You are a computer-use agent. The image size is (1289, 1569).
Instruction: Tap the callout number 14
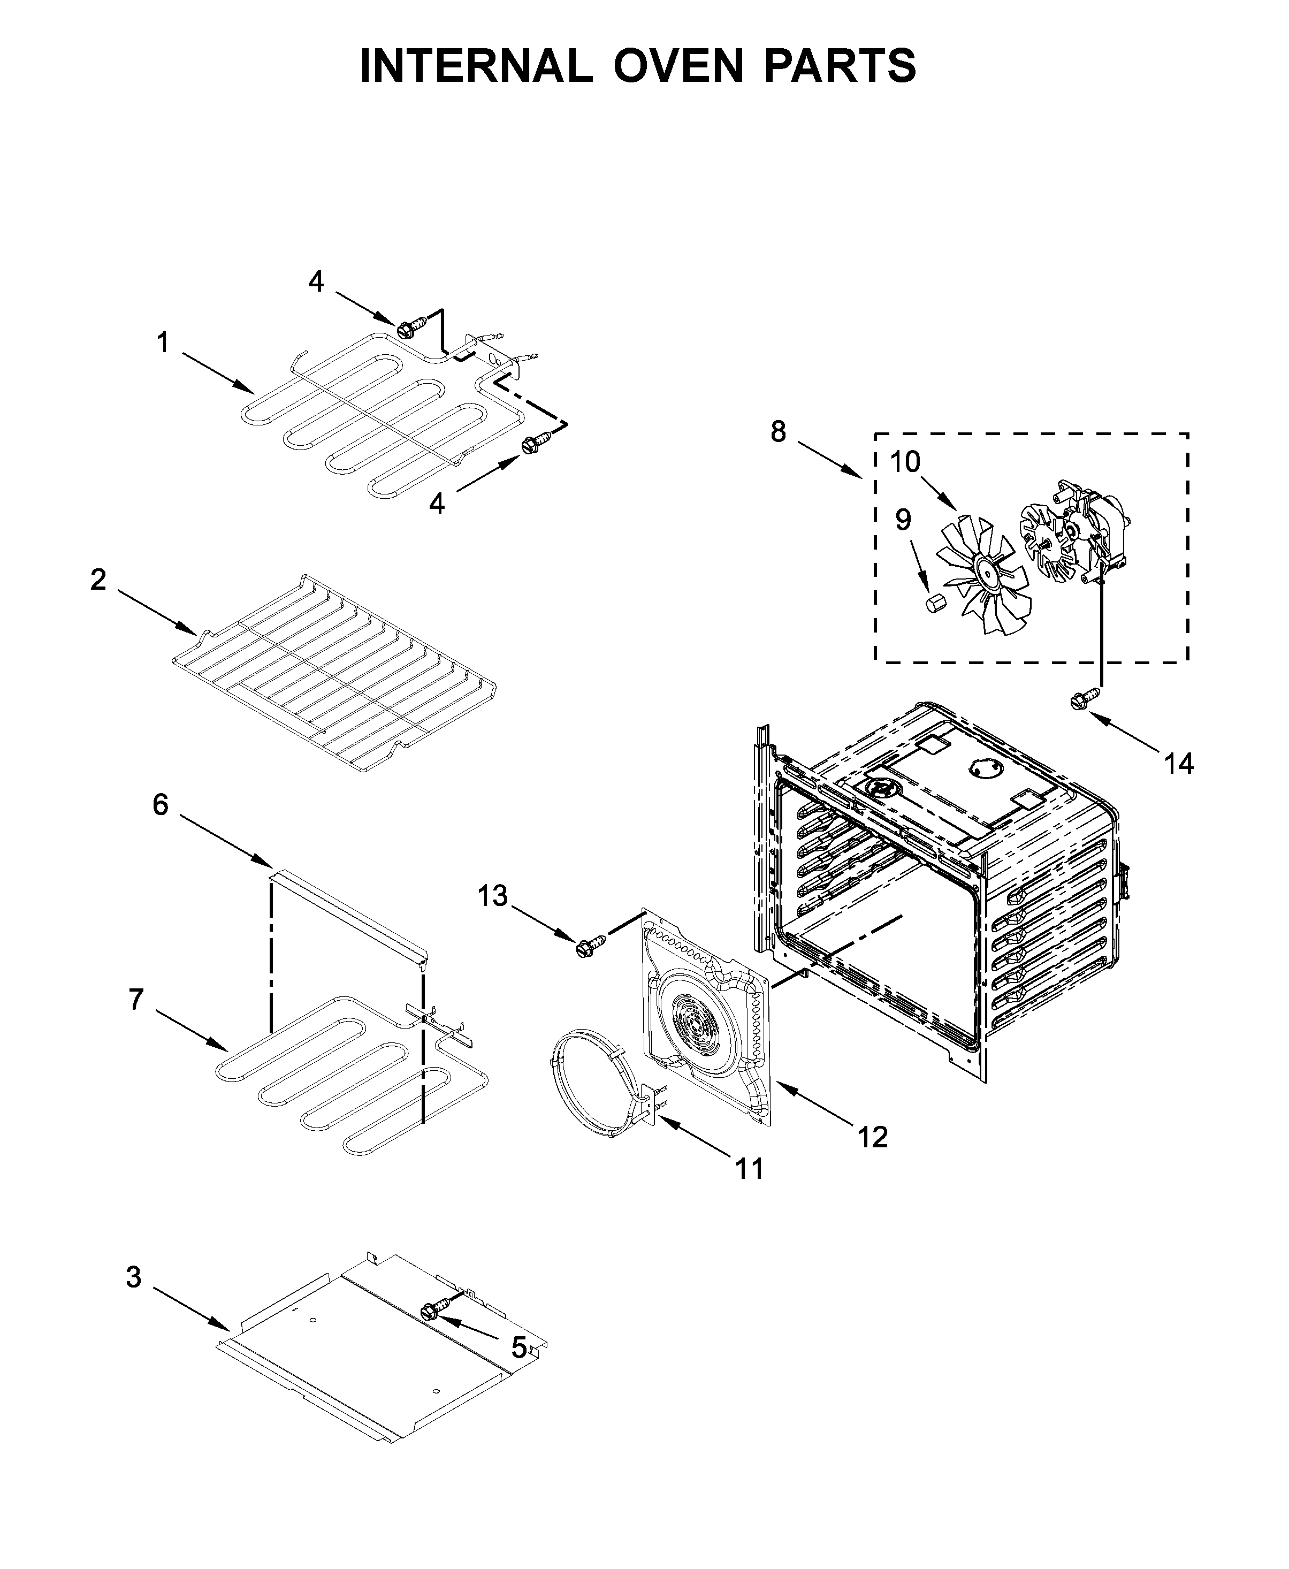(1178, 764)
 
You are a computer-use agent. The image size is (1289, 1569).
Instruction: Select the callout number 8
(777, 431)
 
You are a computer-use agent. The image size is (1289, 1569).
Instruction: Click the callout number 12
(873, 1136)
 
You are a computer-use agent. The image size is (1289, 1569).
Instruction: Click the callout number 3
(133, 1277)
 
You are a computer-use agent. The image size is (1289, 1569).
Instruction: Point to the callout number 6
(161, 804)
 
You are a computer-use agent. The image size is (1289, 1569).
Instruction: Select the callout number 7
(136, 1000)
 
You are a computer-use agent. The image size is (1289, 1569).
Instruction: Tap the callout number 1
(163, 343)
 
